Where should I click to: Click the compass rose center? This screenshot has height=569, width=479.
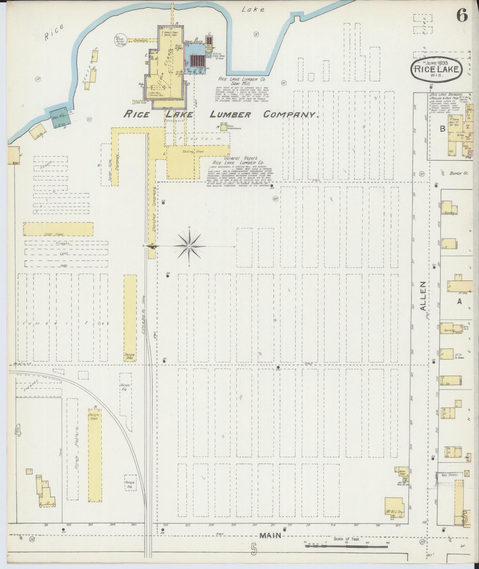[x=189, y=246]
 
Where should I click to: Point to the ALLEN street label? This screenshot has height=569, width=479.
[x=423, y=296]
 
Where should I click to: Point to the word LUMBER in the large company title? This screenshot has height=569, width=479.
[x=230, y=115]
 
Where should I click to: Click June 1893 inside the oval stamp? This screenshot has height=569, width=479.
[x=437, y=63]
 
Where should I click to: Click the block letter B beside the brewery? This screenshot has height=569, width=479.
[x=442, y=130]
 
